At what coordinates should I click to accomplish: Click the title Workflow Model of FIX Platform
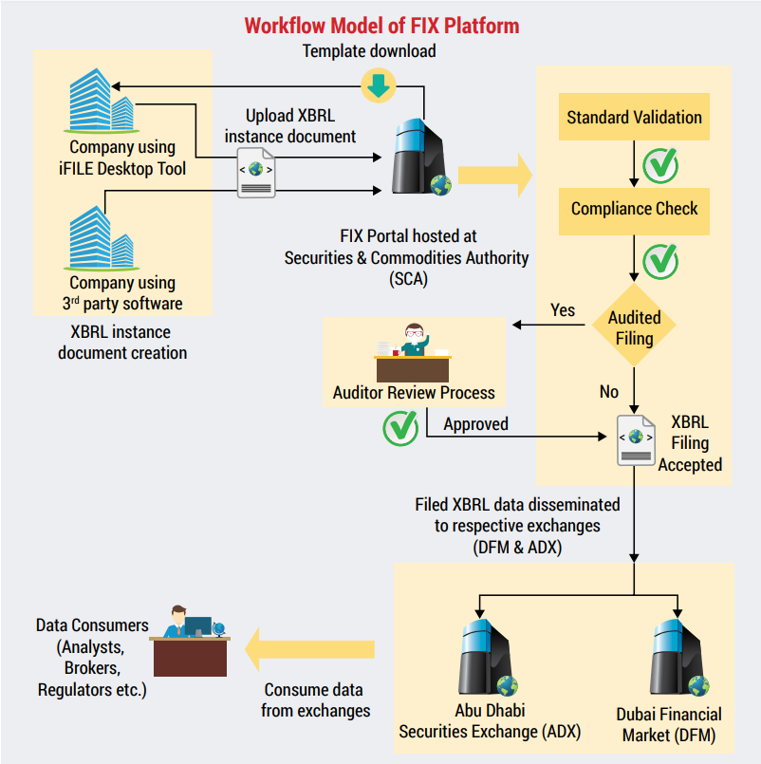[x=381, y=25]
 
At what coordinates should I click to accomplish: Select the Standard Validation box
[x=634, y=118]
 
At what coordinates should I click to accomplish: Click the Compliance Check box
[x=634, y=209]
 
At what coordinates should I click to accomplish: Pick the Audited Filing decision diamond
[x=634, y=326]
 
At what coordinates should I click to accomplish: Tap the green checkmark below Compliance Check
[x=660, y=258]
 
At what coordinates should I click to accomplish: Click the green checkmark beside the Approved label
[x=400, y=426]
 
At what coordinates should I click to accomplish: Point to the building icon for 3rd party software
[x=102, y=238]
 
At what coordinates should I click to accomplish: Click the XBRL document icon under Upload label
[x=256, y=174]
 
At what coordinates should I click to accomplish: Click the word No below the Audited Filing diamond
[x=608, y=391]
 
